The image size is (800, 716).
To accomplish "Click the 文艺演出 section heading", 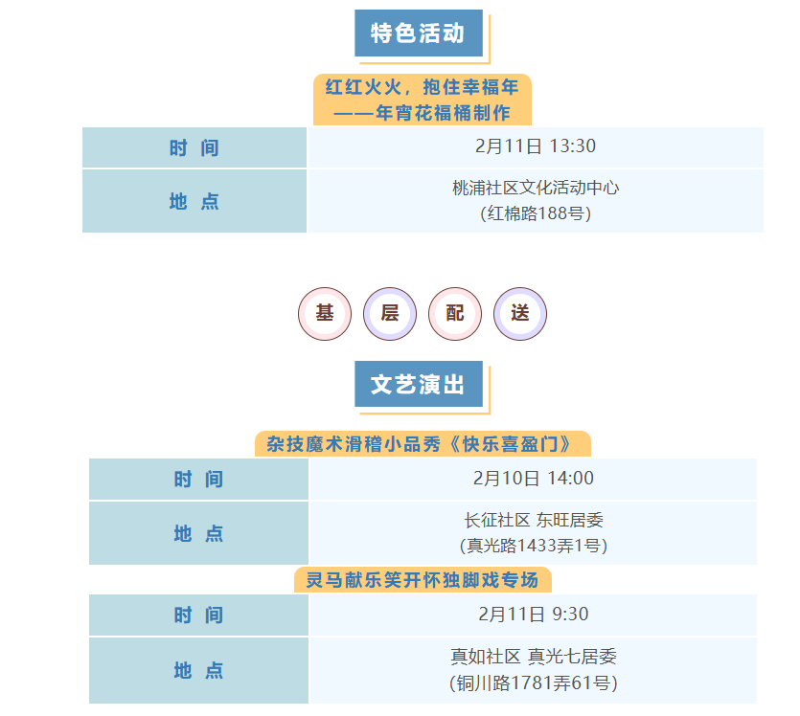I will pyautogui.click(x=418, y=385).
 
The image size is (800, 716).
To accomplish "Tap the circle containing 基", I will pyautogui.click(x=325, y=313).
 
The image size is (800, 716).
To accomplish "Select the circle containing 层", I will pyautogui.click(x=390, y=313).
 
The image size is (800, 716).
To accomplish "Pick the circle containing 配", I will pyautogui.click(x=455, y=313).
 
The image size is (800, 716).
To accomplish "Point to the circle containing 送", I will pyautogui.click(x=520, y=313).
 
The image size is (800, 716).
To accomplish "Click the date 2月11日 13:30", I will pyautogui.click(x=535, y=146).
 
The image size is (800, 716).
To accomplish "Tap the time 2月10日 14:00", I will pyautogui.click(x=534, y=479).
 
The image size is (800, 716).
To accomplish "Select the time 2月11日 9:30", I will pyautogui.click(x=534, y=615).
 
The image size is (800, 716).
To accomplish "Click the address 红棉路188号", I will pyautogui.click(x=536, y=213).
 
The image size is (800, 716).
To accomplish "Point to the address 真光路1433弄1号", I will pyautogui.click(x=534, y=546).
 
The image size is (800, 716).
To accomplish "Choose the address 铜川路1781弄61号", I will pyautogui.click(x=534, y=682).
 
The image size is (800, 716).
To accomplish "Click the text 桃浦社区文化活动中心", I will pyautogui.click(x=536, y=188).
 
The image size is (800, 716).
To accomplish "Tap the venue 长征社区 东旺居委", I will pyautogui.click(x=534, y=521).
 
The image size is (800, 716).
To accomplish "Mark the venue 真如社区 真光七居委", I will pyautogui.click(x=534, y=657).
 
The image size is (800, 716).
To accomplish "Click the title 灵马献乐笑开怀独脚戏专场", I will pyautogui.click(x=423, y=580).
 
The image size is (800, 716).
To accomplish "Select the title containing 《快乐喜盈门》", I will pyautogui.click(x=423, y=444).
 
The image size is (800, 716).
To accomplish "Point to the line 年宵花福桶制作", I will pyautogui.click(x=423, y=113).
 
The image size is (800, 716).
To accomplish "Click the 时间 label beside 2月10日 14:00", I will pyautogui.click(x=198, y=480).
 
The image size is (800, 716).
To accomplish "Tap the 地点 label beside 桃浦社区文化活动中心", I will pyautogui.click(x=194, y=201).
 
